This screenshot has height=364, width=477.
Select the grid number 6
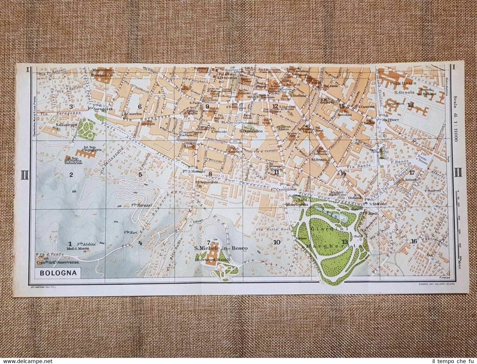[140, 107]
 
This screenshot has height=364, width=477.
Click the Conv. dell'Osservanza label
[64, 261]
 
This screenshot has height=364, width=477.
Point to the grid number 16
[413, 241]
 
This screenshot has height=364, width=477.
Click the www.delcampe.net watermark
[26, 360]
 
